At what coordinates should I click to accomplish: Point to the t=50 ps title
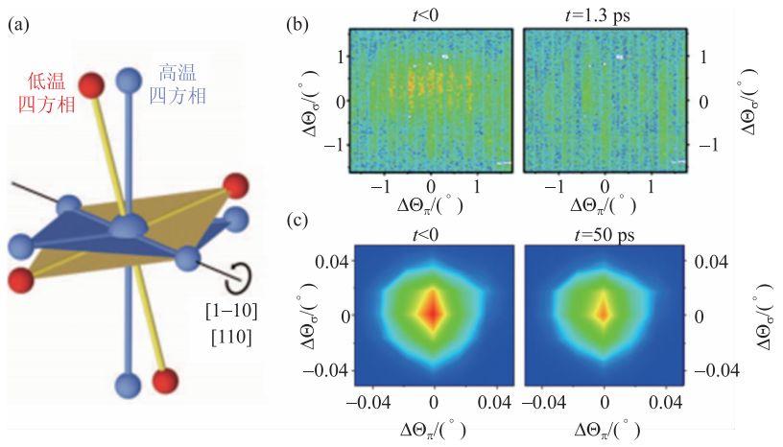[605, 232]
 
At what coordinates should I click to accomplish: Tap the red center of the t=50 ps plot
[605, 312]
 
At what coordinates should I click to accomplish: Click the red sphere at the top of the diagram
[91, 85]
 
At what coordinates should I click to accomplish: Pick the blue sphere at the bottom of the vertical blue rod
[127, 387]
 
